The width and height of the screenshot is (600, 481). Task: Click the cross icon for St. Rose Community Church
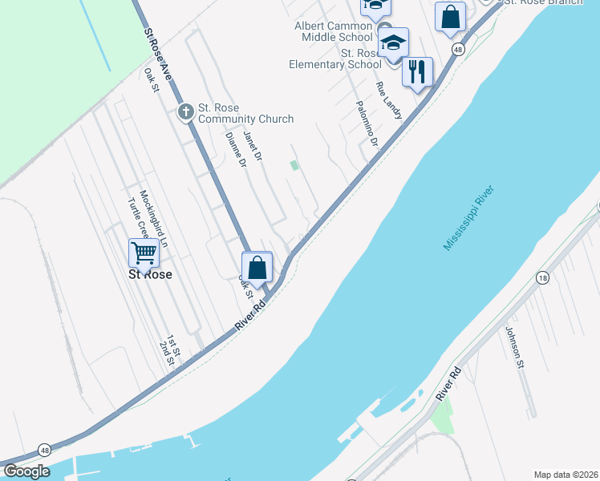point(186,111)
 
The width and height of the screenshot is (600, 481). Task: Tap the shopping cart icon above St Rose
point(144,253)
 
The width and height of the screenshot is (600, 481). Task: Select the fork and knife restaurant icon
point(417,72)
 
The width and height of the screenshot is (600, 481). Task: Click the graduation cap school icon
point(393,42)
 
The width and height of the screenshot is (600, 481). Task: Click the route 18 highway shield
point(543,277)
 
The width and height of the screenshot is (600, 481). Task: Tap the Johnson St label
point(514,347)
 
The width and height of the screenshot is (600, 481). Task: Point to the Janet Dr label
point(253,145)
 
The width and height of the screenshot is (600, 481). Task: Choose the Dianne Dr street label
point(236,150)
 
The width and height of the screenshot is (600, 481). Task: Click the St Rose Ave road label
point(158,55)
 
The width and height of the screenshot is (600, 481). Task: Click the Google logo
point(27,471)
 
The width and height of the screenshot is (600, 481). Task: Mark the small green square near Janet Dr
point(294,165)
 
